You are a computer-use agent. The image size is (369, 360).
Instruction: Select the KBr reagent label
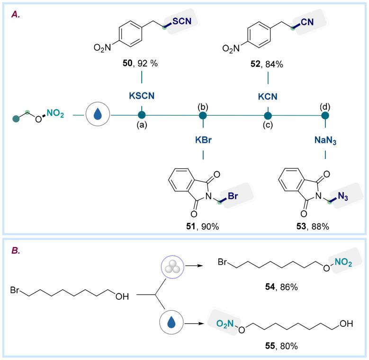click(203, 140)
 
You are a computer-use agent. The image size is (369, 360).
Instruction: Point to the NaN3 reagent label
click(325, 140)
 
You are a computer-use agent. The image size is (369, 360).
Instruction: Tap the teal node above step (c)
click(268, 115)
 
